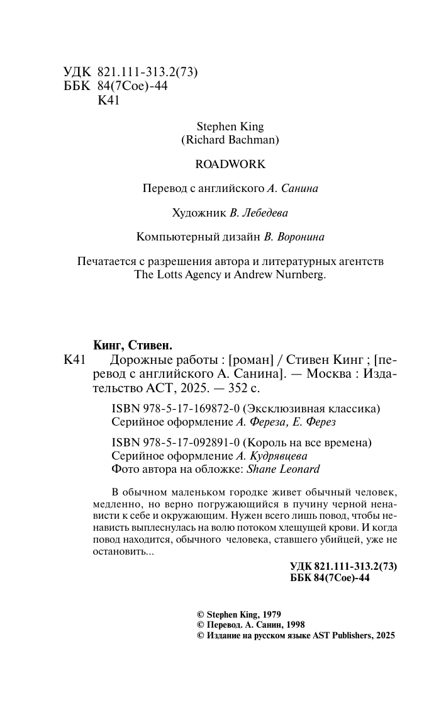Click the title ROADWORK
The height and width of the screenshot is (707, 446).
coord(230,164)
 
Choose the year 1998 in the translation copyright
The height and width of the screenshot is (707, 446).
coord(293,625)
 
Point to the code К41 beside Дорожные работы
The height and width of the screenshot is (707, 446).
coord(74,360)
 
